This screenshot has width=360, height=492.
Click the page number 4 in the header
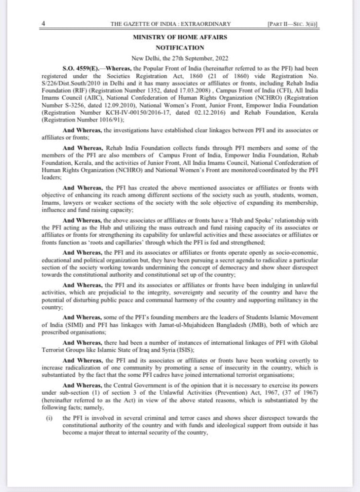point(44,23)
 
